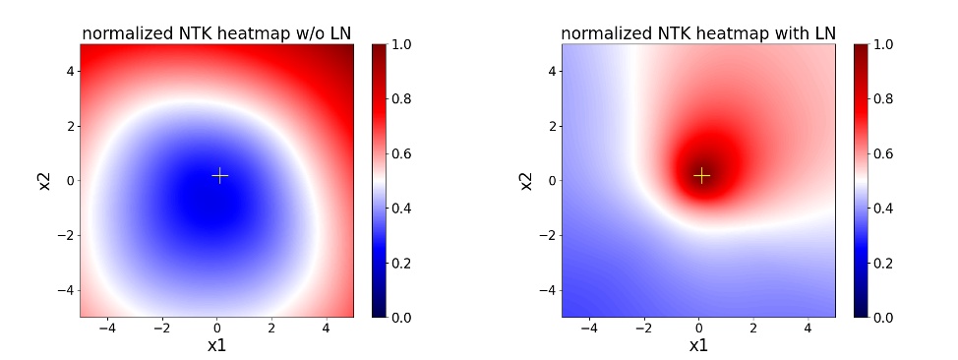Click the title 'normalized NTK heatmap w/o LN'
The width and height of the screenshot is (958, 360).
pyautogui.click(x=216, y=33)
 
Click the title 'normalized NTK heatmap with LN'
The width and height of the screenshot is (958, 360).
pyautogui.click(x=698, y=33)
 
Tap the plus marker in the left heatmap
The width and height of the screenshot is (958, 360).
pyautogui.click(x=220, y=175)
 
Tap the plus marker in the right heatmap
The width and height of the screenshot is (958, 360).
pyautogui.click(x=701, y=175)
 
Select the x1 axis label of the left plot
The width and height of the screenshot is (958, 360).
pyautogui.click(x=217, y=345)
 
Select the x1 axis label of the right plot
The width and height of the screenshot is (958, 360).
pyautogui.click(x=698, y=345)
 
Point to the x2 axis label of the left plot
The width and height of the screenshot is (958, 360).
pyautogui.click(x=45, y=180)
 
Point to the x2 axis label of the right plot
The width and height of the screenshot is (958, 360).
pyautogui.click(x=527, y=180)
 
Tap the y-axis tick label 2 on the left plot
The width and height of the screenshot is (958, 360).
pyautogui.click(x=71, y=126)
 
